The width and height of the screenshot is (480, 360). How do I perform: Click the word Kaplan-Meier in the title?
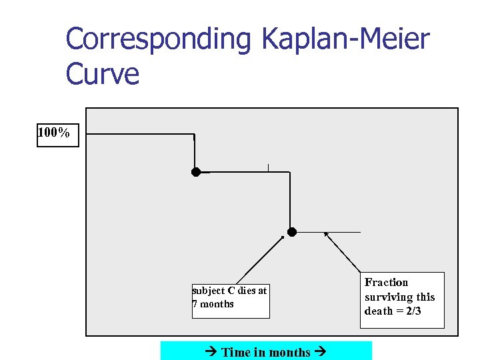tap(346, 40)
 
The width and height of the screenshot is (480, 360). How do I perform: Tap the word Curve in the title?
tap(103, 73)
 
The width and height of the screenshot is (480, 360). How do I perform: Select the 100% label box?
tap(57, 133)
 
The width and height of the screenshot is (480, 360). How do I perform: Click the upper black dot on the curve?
tap(196, 172)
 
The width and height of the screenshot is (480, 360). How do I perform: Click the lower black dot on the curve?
tap(292, 232)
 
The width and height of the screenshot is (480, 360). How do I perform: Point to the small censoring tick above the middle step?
tap(268, 167)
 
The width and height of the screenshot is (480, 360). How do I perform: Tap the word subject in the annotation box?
tap(209, 291)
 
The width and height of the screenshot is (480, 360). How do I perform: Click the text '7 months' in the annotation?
tap(213, 304)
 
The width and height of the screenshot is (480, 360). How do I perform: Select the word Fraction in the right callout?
tap(386, 283)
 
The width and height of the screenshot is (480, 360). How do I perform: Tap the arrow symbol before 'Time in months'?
tap(212, 352)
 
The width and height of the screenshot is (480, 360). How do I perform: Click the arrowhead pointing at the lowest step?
tap(326, 234)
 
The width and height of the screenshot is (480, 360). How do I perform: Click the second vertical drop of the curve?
tap(290, 200)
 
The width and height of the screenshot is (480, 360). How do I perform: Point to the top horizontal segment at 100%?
tap(140, 134)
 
